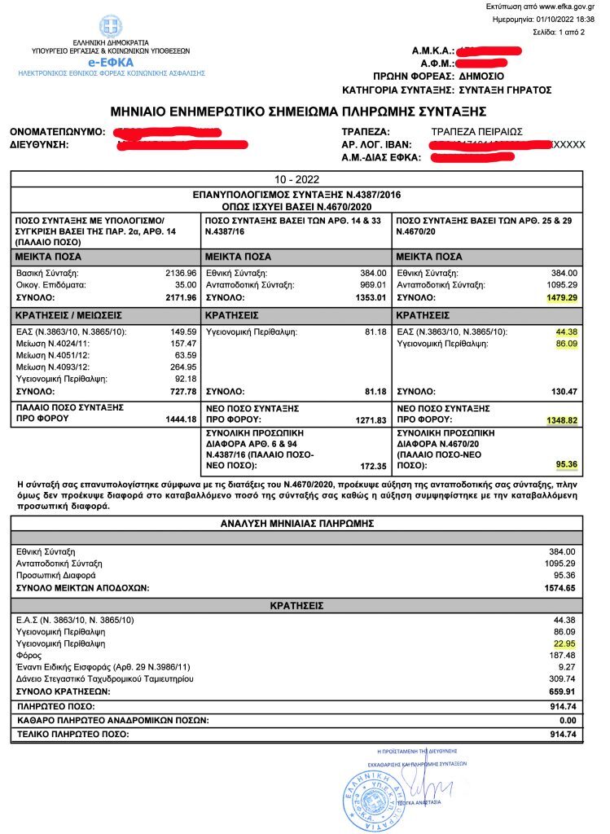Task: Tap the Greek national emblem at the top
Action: click(111, 26)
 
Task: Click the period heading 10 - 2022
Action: click(296, 179)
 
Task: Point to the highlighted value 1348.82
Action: click(561, 420)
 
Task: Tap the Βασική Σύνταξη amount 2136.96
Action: click(181, 272)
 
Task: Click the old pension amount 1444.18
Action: click(181, 419)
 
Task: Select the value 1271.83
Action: click(369, 420)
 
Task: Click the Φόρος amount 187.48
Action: click(562, 656)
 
